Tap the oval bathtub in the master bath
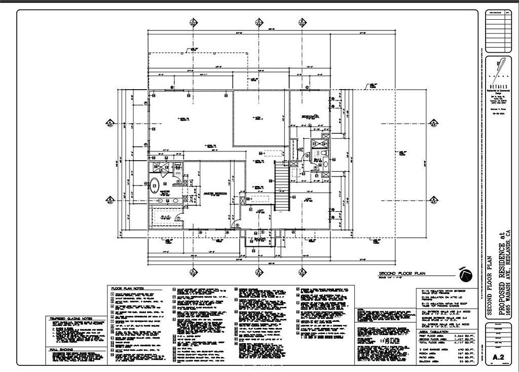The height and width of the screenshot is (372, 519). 155,186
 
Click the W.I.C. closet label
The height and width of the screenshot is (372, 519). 165,217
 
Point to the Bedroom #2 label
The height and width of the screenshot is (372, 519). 309,117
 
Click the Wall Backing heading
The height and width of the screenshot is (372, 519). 61,350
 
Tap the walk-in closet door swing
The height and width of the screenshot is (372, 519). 179,217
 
